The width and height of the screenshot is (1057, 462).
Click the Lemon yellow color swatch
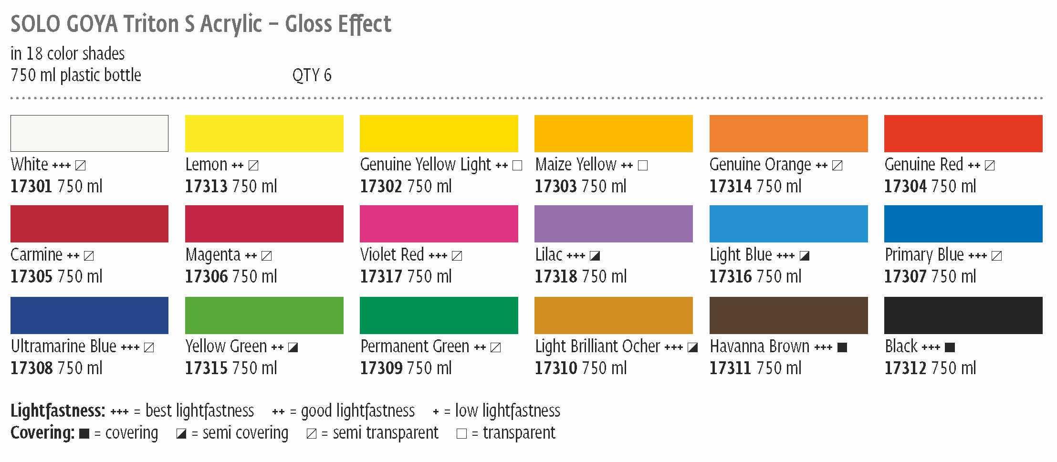[264, 133]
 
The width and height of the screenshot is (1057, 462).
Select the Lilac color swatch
[613, 224]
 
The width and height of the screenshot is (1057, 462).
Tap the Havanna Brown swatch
[788, 315]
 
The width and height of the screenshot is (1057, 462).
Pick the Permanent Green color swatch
[439, 315]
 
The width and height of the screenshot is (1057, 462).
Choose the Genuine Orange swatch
[788, 133]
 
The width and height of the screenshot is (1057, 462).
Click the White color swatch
[89, 133]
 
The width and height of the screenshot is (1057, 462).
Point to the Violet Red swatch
[439, 224]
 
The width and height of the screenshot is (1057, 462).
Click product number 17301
[31, 187]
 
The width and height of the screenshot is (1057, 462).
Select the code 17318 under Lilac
[555, 277]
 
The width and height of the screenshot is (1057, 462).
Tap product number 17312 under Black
[905, 368]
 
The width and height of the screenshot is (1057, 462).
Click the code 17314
[730, 187]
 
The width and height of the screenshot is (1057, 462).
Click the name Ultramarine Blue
[63, 346]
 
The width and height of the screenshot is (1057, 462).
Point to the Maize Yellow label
[576, 165]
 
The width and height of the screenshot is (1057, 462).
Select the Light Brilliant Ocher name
[597, 346]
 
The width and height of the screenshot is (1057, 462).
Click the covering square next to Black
[950, 347]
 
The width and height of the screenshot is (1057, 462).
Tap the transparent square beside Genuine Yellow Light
[517, 166]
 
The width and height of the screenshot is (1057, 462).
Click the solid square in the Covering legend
[84, 434]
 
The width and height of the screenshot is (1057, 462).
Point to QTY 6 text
[312, 75]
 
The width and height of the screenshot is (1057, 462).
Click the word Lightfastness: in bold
[58, 410]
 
